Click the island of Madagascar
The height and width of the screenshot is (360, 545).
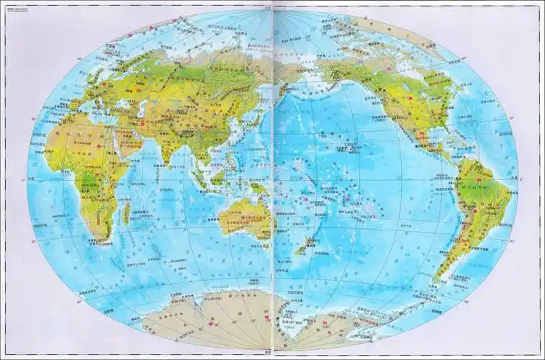pos(125,212)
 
